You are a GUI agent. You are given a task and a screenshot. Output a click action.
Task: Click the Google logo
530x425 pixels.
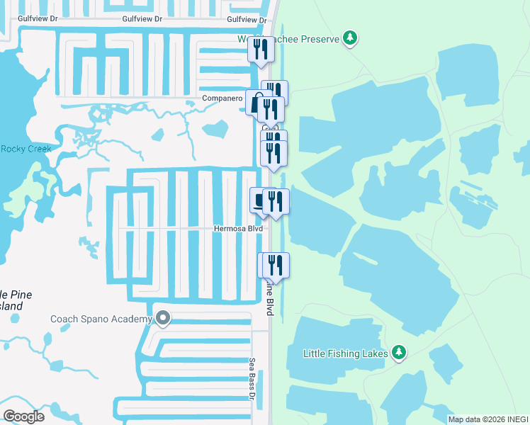pyautogui.click(x=23, y=416)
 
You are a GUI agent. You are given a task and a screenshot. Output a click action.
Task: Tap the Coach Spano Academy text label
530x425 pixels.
pyautogui.click(x=101, y=319)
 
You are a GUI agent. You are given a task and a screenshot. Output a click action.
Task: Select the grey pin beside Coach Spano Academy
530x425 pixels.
pyautogui.click(x=164, y=319)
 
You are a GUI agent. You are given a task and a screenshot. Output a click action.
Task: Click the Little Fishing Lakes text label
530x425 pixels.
pyautogui.click(x=345, y=353)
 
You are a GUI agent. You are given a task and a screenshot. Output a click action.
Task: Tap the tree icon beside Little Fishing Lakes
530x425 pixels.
pyautogui.click(x=400, y=352)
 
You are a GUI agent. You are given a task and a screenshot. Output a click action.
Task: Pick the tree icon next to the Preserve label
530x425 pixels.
pyautogui.click(x=349, y=38)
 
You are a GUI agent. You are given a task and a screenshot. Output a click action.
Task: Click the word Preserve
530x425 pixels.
pyautogui.click(x=319, y=39)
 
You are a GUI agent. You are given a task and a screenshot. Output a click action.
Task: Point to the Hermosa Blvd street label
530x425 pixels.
pyautogui.click(x=239, y=229)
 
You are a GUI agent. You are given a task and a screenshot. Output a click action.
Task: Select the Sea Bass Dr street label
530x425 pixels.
pyautogui.click(x=252, y=378)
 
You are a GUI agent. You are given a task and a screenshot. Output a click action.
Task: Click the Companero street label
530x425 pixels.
pyautogui.click(x=222, y=98)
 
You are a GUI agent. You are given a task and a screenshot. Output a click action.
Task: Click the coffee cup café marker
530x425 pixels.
pyautogui.click(x=258, y=199)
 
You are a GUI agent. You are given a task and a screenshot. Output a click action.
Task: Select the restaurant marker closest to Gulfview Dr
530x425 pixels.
pyautogui.click(x=260, y=49)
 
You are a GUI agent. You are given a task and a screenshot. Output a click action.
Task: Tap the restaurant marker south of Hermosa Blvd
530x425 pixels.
pyautogui.click(x=276, y=265)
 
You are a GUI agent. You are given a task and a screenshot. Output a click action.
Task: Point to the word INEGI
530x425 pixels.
pyautogui.click(x=514, y=419)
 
